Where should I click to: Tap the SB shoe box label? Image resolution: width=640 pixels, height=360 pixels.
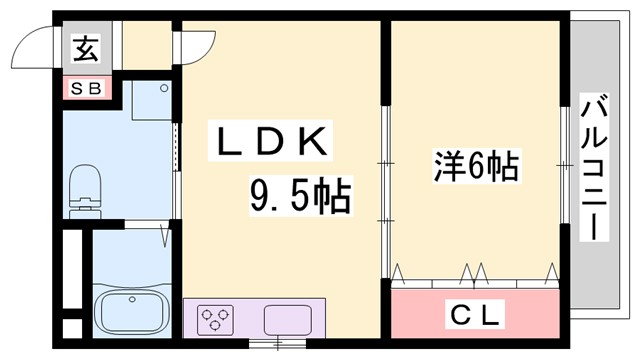click(86, 89)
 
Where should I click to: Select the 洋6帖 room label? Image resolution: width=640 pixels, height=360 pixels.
click(475, 166)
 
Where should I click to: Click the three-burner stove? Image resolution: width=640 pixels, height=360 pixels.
click(213, 321)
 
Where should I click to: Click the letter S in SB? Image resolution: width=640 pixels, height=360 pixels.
click(78, 89)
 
